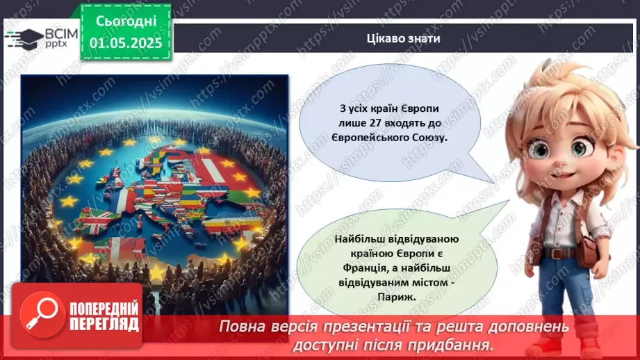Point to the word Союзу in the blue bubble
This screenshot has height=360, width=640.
[x=429, y=138]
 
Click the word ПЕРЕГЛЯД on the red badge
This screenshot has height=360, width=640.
[x=104, y=325]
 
